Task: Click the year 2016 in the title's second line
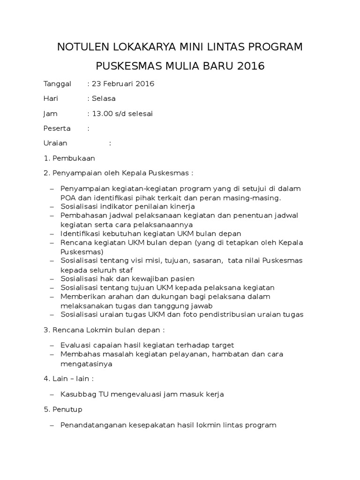coord(251,66)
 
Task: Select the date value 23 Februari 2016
coord(123,84)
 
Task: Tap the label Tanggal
coord(57,84)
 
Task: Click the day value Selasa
coord(104,98)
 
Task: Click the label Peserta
coord(57,128)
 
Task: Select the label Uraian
coord(55,143)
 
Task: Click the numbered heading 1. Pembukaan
coord(69,158)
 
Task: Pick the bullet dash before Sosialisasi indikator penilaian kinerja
coord(52,206)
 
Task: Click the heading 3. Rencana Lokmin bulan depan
coord(104,330)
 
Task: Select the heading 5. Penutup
coord(63,409)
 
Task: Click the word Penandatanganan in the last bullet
coord(90,425)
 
